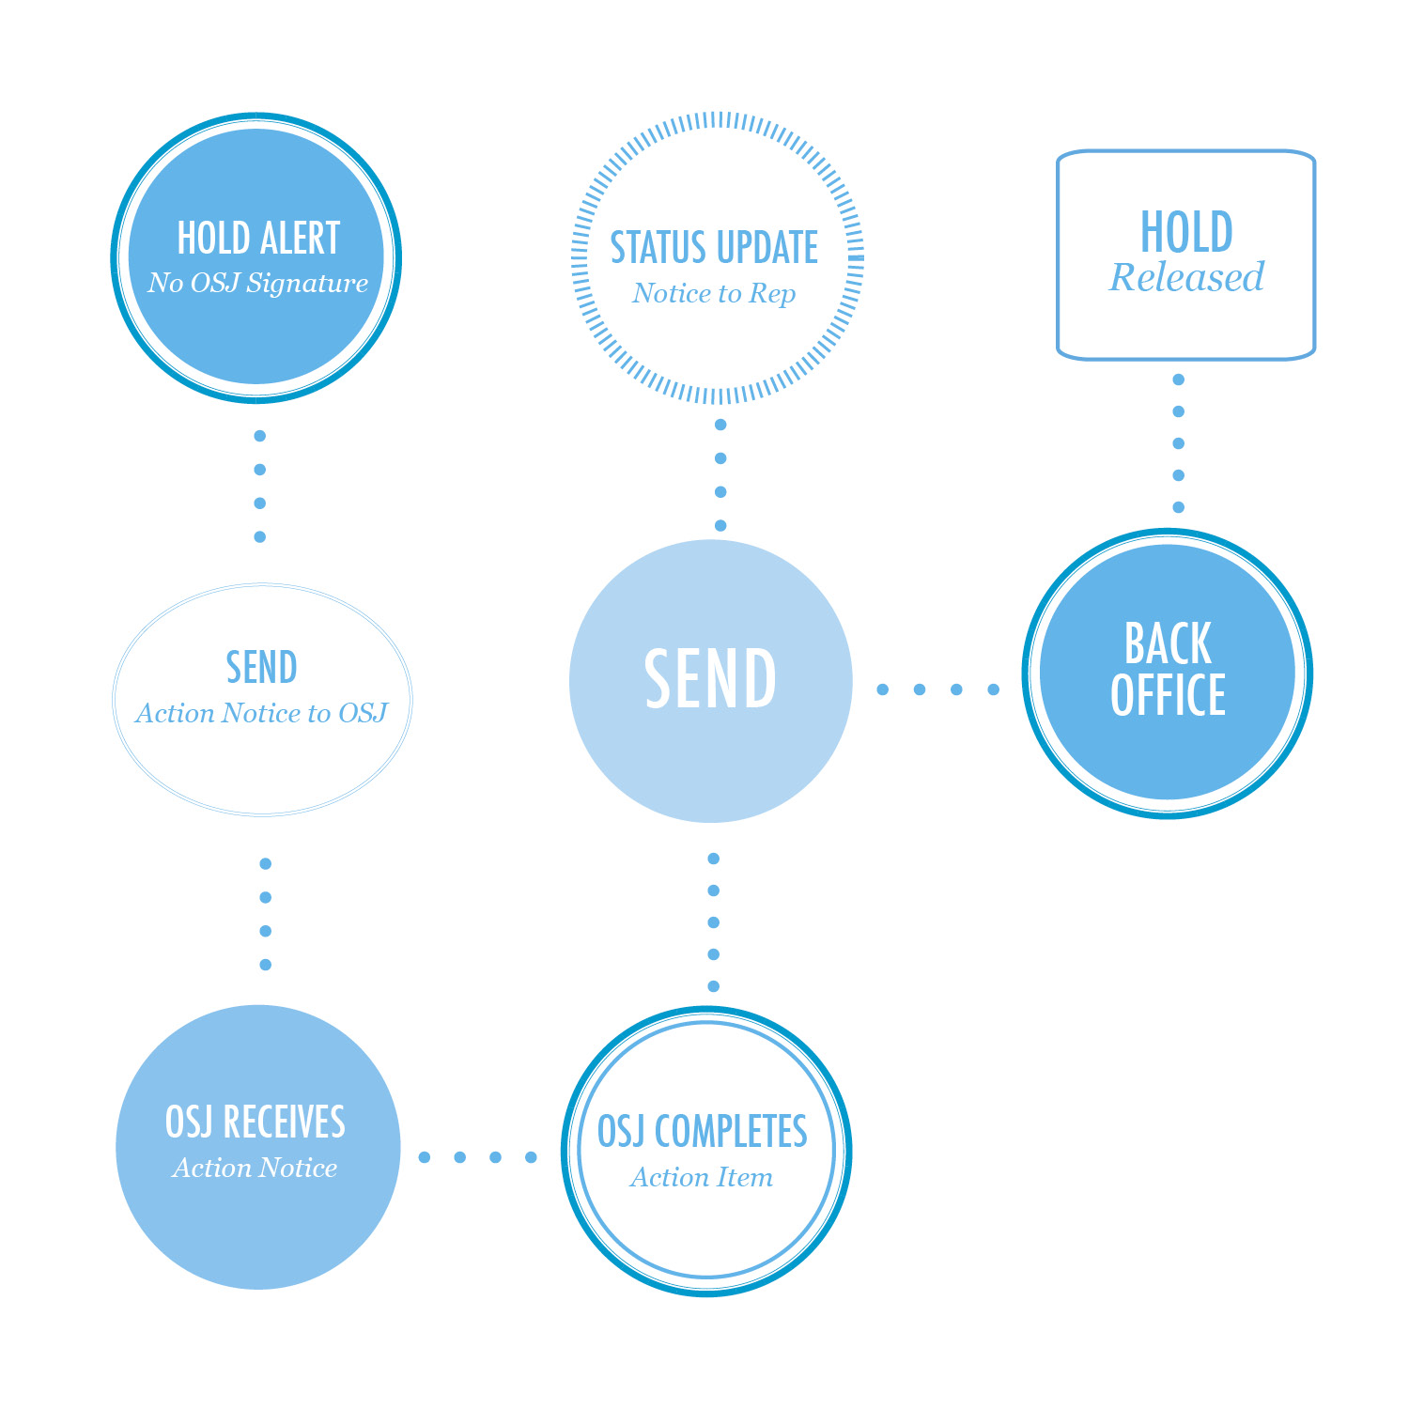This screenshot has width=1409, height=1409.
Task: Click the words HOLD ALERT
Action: click(258, 239)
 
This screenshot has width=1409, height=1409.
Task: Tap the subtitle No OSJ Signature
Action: click(258, 283)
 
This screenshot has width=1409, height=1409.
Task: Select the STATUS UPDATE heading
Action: click(714, 248)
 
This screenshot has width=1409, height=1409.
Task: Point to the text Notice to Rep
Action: click(714, 294)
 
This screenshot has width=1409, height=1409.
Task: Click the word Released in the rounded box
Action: click(1186, 277)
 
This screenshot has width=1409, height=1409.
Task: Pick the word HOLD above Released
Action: click(1186, 232)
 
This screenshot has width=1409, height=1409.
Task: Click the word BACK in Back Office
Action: click(1168, 644)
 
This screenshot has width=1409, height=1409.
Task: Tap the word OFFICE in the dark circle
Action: click(1168, 695)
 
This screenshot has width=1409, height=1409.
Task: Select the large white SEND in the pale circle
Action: click(710, 679)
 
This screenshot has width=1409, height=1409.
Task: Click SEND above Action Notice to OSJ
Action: click(261, 668)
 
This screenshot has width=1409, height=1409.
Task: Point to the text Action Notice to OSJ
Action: click(261, 714)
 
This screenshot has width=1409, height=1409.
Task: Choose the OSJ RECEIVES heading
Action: click(255, 1122)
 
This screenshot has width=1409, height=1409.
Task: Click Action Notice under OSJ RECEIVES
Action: click(255, 1168)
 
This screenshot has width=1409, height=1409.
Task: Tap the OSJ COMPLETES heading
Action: click(703, 1131)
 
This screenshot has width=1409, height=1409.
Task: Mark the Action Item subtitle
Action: click(702, 1177)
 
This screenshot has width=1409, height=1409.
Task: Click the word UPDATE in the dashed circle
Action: click(767, 248)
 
